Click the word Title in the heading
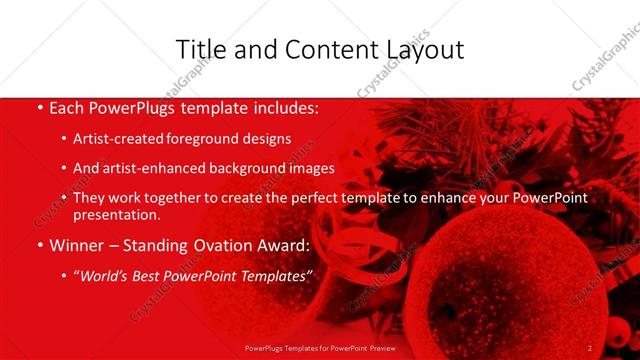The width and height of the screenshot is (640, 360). pos(199,49)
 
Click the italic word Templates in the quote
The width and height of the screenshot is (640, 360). pos(274,277)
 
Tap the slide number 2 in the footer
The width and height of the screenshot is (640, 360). pos(590,348)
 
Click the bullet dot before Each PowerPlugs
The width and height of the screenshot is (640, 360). pos(39,106)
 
